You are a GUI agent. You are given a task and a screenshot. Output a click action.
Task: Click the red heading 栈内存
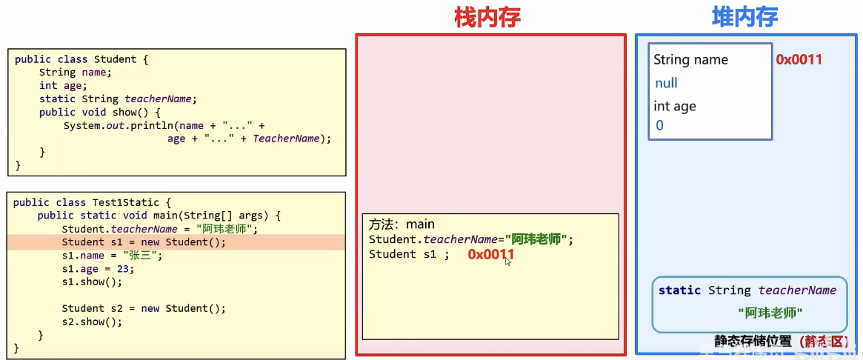(x=487, y=18)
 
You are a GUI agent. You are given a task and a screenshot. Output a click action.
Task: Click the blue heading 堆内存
(x=744, y=18)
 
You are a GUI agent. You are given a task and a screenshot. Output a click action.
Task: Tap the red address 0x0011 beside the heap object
(x=799, y=60)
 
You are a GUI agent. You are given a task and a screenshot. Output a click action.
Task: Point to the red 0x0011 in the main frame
(x=490, y=255)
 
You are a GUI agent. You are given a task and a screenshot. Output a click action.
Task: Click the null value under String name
(x=666, y=83)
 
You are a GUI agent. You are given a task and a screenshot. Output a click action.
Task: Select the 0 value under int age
(x=659, y=125)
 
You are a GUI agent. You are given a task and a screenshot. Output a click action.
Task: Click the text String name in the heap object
(x=690, y=60)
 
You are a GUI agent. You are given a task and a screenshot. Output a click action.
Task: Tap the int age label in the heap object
(x=674, y=106)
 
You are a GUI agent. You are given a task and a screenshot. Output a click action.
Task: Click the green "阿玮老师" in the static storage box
(x=770, y=313)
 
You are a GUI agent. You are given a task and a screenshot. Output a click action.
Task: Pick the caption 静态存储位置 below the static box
(x=753, y=341)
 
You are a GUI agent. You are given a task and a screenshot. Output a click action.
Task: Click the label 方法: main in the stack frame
(x=401, y=224)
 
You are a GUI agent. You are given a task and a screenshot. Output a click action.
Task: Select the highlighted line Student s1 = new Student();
(x=143, y=242)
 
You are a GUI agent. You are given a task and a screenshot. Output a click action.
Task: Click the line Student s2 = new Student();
(x=143, y=309)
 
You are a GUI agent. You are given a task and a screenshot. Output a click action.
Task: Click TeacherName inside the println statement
(x=287, y=139)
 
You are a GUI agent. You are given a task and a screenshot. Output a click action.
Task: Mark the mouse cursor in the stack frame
(x=507, y=261)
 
